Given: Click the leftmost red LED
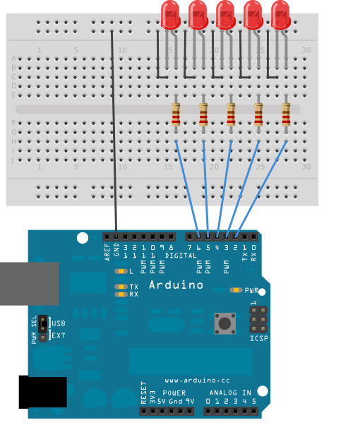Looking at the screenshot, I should point(170,14).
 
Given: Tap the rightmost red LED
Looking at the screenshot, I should point(280,14).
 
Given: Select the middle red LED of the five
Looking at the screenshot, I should point(225,14).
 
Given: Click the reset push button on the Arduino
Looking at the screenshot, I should point(225,323).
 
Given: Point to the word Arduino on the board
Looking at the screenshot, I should point(176,285).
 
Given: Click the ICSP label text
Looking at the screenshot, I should point(259,339).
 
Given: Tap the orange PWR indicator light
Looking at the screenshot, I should point(236,290).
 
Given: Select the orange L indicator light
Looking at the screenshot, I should point(121,271).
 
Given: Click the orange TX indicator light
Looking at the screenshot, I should point(121,287).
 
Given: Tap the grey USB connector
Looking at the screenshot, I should point(29,284).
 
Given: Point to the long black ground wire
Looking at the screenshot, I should point(113,127).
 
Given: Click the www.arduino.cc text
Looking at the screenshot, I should point(192,380).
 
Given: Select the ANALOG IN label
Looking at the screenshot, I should point(230,393).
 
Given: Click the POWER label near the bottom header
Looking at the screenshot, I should point(174,393).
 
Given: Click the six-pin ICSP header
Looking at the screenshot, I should point(258,319).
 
